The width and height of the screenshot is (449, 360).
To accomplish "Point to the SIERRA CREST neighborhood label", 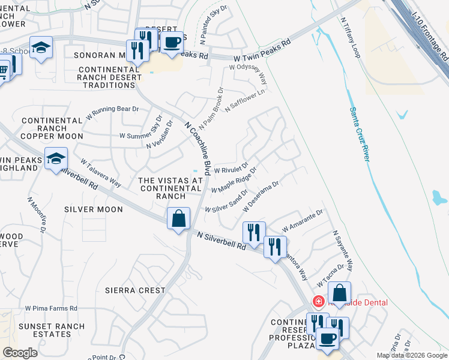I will [x=135, y=290].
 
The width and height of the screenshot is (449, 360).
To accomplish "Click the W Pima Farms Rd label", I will [x=51, y=308].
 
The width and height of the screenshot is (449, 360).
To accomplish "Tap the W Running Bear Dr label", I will [x=113, y=112].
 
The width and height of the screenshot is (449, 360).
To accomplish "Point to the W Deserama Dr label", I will [x=261, y=197].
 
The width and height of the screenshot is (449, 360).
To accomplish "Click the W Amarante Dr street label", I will [x=303, y=221].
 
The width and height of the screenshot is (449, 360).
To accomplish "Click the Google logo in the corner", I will [x=19, y=353].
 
